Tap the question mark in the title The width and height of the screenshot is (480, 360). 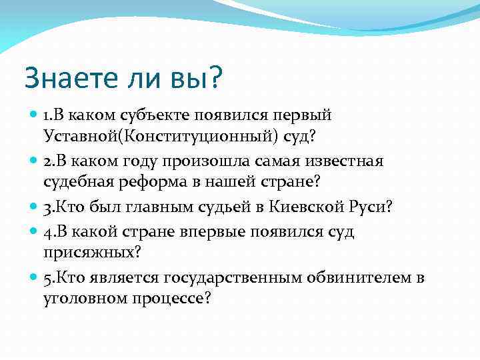coord(217,79)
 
